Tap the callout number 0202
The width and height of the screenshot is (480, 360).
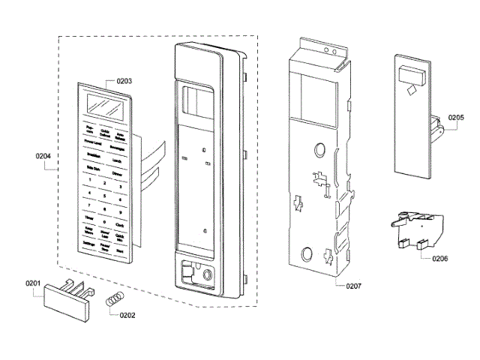click(x=127, y=315)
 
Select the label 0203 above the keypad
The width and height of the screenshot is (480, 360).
click(x=123, y=80)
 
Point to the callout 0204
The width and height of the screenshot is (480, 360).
click(x=43, y=157)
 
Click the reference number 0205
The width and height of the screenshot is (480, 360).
click(x=456, y=118)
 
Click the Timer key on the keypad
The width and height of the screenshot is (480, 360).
click(x=89, y=217)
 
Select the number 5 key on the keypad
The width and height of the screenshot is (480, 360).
click(x=103, y=193)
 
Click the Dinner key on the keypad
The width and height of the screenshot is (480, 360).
click(x=117, y=173)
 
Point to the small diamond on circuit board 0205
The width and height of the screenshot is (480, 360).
click(x=409, y=90)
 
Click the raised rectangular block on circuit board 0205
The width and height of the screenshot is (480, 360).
click(x=412, y=73)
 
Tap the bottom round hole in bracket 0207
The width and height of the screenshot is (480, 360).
click(x=307, y=251)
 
